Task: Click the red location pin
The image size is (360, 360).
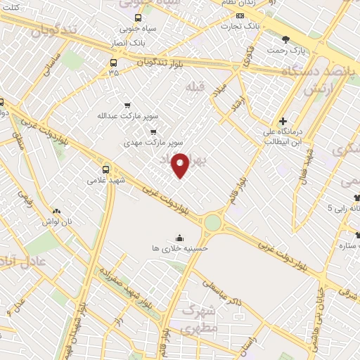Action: [x=181, y=164]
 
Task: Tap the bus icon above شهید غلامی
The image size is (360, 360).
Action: [x=106, y=169]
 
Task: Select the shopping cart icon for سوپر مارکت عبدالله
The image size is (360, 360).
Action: [x=127, y=105]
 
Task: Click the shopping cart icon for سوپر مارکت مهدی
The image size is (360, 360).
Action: [x=154, y=131]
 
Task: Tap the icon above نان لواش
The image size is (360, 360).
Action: [x=57, y=210]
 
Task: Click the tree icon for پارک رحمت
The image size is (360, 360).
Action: [x=285, y=39]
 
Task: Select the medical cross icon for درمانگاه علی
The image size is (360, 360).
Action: [x=283, y=121]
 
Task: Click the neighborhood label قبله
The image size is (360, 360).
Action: [x=192, y=86]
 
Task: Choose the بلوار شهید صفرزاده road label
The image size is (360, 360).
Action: [x=127, y=288]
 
